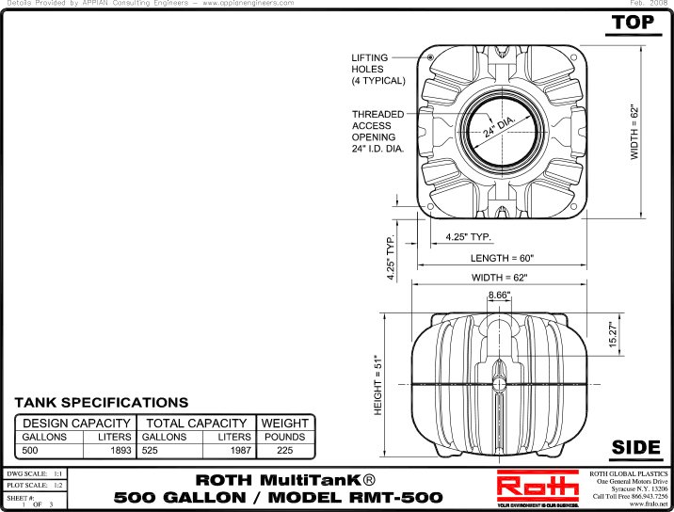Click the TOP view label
coord(633,23)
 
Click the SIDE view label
coord(635,446)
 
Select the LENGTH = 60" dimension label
coord(502,257)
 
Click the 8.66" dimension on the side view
coord(499,296)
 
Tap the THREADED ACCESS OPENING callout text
coord(378,132)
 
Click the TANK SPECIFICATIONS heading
coord(101,403)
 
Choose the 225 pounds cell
coord(285,450)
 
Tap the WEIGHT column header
coord(285,424)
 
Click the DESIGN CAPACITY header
coord(76,424)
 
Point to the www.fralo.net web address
coord(648,505)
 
